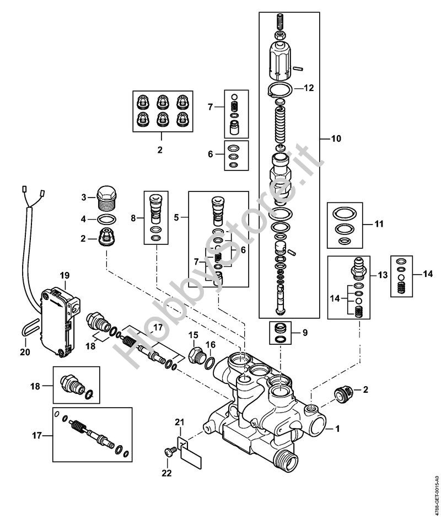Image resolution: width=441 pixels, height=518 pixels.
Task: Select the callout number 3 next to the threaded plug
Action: pyautogui.click(x=84, y=197)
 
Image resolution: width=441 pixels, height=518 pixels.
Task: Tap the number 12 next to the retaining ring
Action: pyautogui.click(x=308, y=88)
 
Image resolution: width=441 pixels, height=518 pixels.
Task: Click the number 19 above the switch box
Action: pyautogui.click(x=65, y=275)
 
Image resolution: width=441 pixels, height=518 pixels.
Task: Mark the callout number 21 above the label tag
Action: pyautogui.click(x=178, y=422)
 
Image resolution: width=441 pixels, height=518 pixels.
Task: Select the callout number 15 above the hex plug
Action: pyautogui.click(x=193, y=335)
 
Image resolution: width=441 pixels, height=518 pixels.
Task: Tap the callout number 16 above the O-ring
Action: pyautogui.click(x=211, y=344)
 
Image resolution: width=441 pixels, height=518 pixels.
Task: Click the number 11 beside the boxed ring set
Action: pyautogui.click(x=379, y=225)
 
